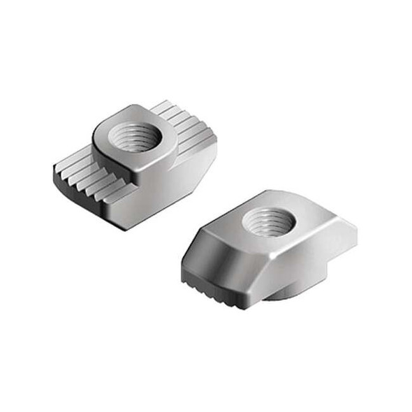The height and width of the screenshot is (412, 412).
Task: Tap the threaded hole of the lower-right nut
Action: tap(268, 224)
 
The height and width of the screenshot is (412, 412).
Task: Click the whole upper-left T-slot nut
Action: tap(133, 164)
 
